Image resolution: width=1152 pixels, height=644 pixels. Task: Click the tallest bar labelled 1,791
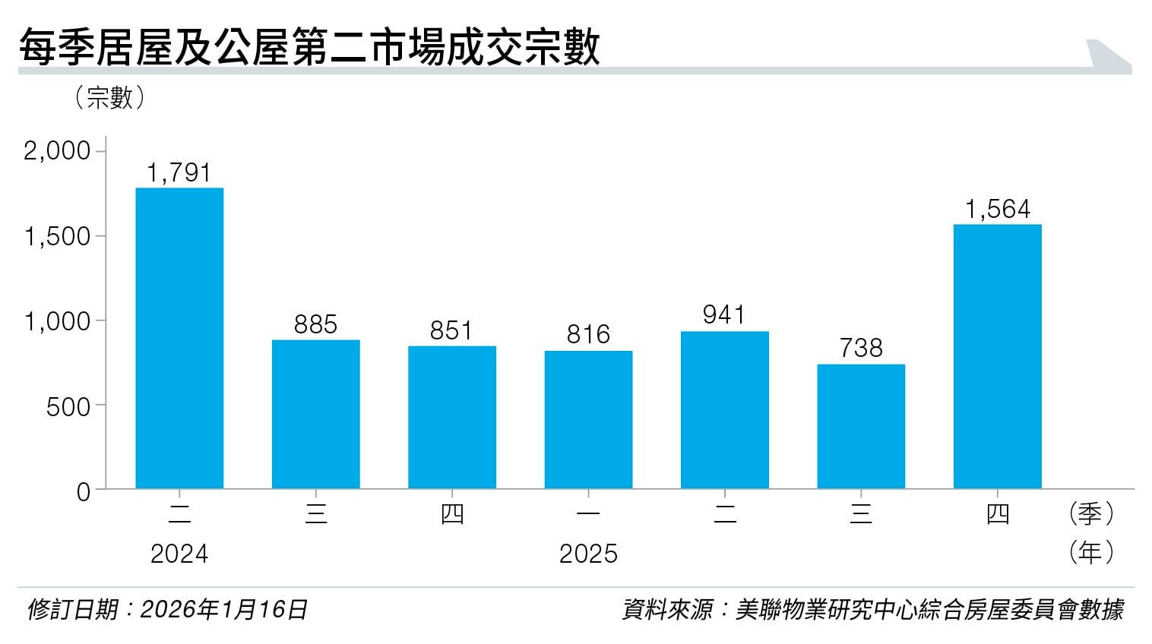click(179, 338)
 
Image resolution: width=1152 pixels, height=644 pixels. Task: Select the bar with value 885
click(315, 414)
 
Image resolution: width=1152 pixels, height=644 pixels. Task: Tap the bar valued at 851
click(452, 417)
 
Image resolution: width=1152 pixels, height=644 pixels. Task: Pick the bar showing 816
click(588, 419)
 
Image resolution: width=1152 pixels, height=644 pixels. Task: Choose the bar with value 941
click(724, 410)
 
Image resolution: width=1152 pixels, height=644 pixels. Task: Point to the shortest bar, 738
click(861, 426)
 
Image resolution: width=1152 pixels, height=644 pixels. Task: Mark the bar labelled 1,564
click(997, 356)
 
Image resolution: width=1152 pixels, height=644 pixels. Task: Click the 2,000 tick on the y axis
click(57, 150)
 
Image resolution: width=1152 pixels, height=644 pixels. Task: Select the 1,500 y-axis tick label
click(57, 236)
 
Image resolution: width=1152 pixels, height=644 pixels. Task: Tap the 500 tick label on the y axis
click(68, 407)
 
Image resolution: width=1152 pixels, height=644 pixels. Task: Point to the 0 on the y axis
click(83, 492)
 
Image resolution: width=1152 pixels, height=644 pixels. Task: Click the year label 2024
click(179, 554)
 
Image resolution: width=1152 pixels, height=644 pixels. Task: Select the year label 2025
click(588, 554)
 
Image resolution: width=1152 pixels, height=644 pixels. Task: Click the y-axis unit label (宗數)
click(110, 97)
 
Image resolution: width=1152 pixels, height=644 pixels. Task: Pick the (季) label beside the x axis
click(1090, 514)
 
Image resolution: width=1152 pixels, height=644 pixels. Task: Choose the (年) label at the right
click(1090, 552)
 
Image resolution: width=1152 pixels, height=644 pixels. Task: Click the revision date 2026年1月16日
click(223, 609)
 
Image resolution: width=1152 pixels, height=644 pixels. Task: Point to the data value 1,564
click(997, 209)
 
